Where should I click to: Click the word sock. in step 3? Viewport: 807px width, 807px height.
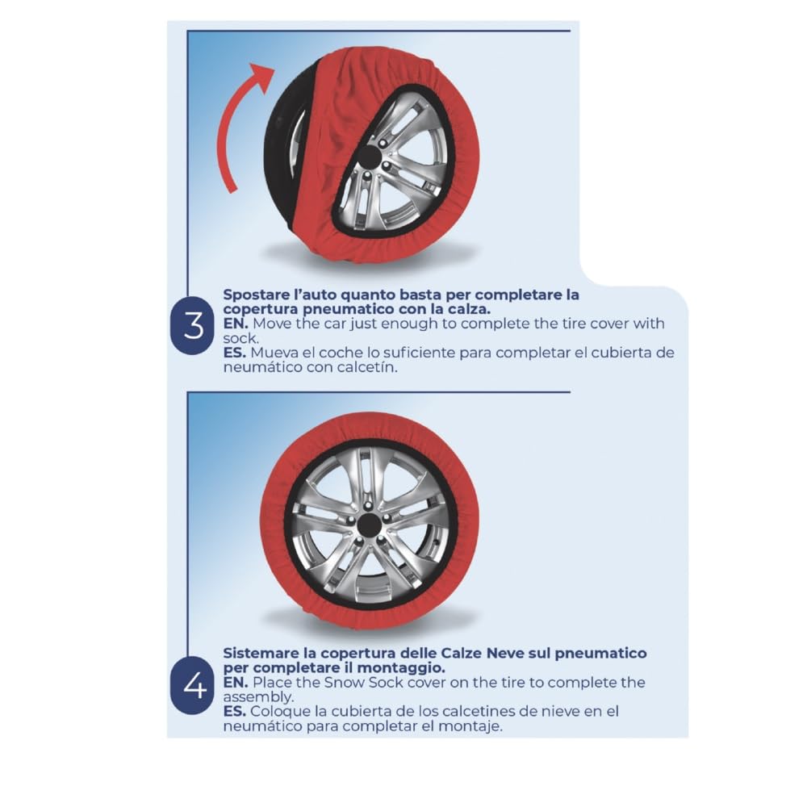[239, 338]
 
